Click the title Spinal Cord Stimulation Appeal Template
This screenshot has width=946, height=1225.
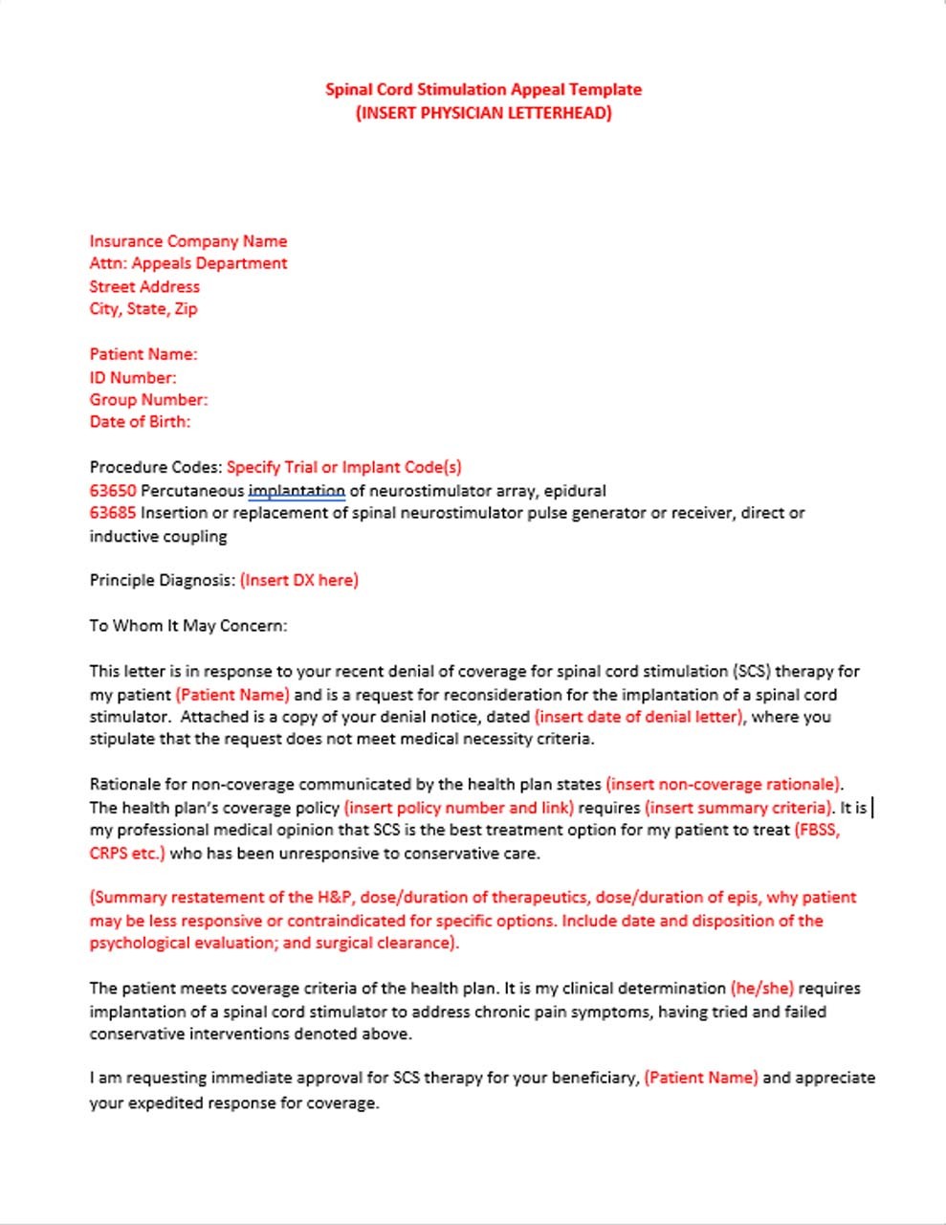click(x=483, y=90)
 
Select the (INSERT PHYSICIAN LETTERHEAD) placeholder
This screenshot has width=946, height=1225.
click(x=483, y=113)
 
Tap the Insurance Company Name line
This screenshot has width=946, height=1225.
click(x=188, y=241)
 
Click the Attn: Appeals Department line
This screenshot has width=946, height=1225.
click(x=188, y=263)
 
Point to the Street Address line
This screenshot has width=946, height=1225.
click(x=144, y=286)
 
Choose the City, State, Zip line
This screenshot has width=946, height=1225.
click(x=143, y=308)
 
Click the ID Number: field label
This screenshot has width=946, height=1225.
click(x=133, y=377)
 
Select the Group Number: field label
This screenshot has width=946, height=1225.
click(x=148, y=399)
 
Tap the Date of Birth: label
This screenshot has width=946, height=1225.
click(x=140, y=421)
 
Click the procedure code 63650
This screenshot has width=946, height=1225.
click(x=113, y=491)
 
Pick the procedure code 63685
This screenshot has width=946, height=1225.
click(x=113, y=513)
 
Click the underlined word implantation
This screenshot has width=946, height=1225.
click(x=297, y=491)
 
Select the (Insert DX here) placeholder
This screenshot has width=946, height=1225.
click(x=299, y=580)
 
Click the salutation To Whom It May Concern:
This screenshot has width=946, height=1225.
click(x=188, y=626)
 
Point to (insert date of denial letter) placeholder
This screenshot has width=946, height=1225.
click(x=639, y=717)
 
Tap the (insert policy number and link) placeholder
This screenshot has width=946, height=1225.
click(x=459, y=808)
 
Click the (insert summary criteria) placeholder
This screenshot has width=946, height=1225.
click(x=739, y=808)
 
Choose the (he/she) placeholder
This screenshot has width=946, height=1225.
click(x=761, y=988)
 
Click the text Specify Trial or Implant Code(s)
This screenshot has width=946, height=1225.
click(x=344, y=467)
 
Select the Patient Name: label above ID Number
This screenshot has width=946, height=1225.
click(x=143, y=354)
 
